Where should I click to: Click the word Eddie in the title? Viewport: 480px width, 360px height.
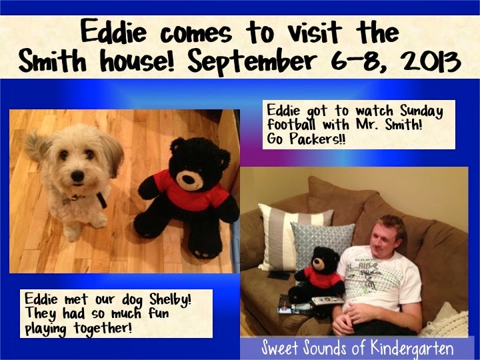point(113,31)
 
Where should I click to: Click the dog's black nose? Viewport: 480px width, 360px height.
point(77,176)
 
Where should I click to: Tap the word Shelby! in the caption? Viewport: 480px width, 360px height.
point(170,299)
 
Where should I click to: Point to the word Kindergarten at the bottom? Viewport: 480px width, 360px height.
point(411,349)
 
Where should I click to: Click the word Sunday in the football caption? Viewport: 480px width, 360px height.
point(421,111)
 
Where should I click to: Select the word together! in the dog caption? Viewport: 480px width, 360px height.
point(103,329)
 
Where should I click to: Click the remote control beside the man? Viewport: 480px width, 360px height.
point(327,300)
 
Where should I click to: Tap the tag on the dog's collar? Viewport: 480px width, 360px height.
point(68,201)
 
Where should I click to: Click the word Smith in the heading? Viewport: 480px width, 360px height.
point(53,61)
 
